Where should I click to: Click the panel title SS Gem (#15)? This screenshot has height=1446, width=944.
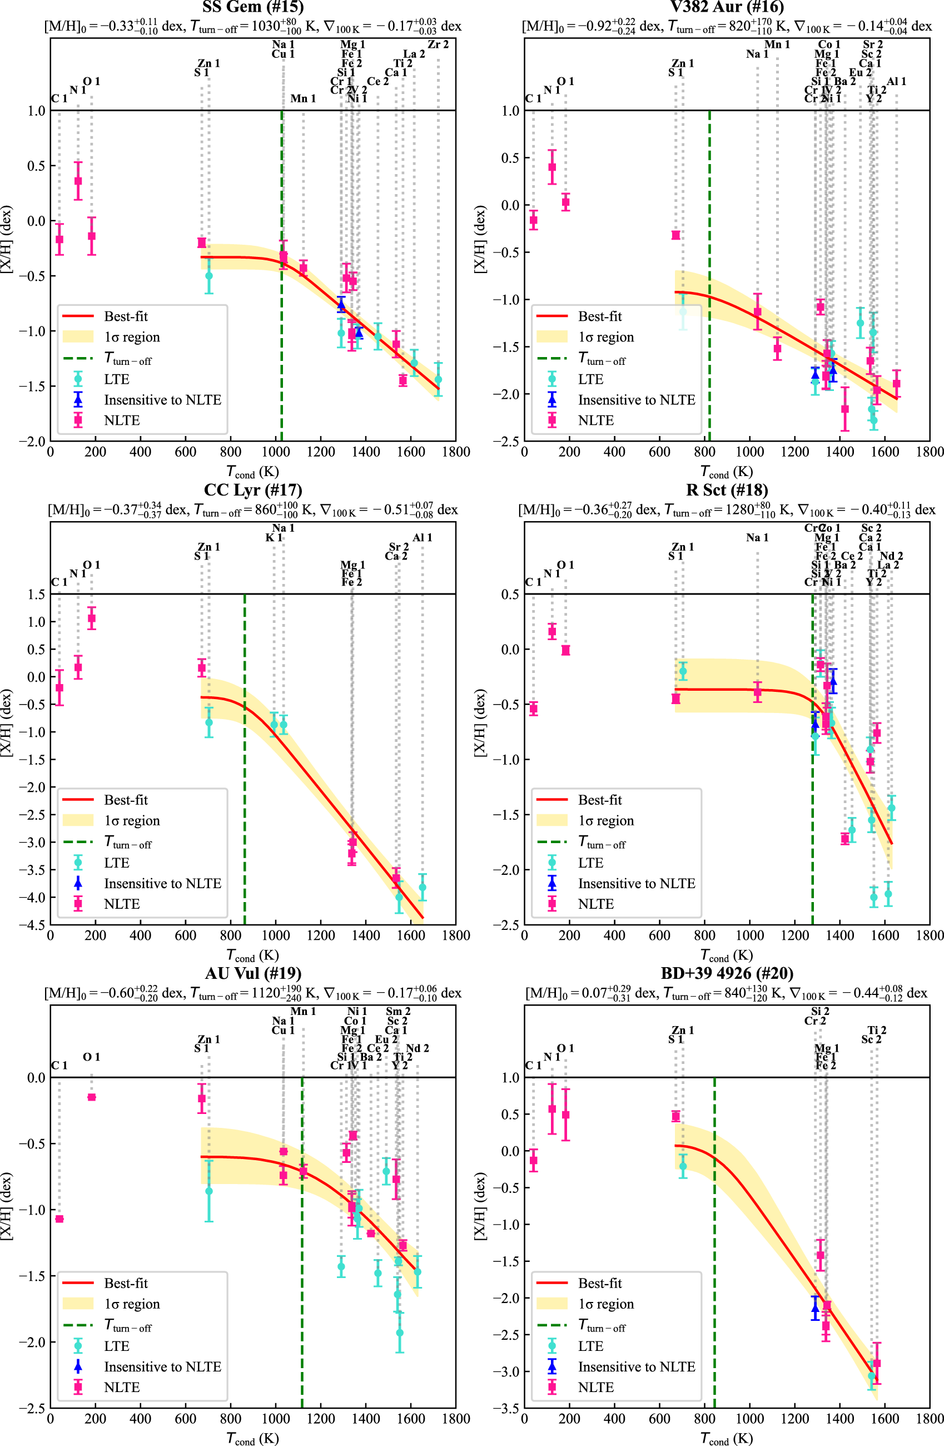pos(253,7)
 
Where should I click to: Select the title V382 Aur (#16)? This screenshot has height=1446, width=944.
pos(727,7)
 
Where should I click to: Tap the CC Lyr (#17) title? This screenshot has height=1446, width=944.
pos(253,490)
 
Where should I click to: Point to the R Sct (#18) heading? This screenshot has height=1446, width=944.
pos(727,490)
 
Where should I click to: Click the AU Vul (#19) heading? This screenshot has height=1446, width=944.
pos(253,973)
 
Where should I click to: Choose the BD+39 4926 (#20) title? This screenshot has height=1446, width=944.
pos(727,973)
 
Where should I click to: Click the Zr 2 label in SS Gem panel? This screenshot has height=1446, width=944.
pos(438,44)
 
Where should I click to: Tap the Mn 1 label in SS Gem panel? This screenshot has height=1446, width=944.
pos(302,98)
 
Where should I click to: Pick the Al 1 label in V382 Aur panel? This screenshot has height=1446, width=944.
pos(896,81)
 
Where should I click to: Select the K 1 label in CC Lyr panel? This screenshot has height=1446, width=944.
pos(274,538)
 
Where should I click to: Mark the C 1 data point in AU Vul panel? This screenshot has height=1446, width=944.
pos(59,1219)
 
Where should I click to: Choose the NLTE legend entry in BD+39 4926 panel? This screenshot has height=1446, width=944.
pos(595,1387)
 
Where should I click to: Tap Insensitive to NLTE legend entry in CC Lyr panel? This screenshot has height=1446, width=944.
pos(162,883)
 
